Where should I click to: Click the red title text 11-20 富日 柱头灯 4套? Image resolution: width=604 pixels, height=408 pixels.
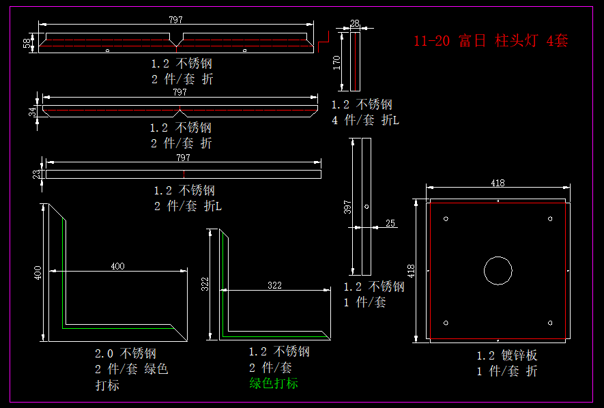point(491,41)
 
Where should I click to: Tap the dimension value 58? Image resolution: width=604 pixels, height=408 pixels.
point(27,42)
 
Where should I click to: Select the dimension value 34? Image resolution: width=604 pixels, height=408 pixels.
point(31,111)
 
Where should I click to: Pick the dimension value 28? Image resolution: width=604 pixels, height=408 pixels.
point(354,23)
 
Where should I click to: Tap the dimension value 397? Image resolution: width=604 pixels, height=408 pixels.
point(347,207)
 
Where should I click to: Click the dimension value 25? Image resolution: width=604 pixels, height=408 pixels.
point(390,223)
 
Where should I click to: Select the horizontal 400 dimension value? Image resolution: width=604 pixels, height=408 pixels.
point(117,266)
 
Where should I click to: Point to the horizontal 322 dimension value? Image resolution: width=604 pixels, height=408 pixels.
point(274,285)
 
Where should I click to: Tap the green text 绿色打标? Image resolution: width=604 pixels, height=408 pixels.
point(274,383)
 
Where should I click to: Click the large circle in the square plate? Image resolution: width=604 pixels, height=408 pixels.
point(498,270)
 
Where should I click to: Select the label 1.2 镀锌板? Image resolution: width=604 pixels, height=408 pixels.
point(507,355)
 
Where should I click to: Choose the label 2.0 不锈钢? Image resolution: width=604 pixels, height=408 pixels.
point(126,353)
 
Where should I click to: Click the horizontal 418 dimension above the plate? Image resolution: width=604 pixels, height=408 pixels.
point(498,182)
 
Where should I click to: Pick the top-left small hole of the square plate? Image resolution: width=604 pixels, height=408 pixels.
point(446,218)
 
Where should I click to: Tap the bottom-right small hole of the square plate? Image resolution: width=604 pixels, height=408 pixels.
point(550,323)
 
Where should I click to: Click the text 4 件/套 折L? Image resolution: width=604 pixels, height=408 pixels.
point(365,120)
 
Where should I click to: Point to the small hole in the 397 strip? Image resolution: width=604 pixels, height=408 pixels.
point(366,206)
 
